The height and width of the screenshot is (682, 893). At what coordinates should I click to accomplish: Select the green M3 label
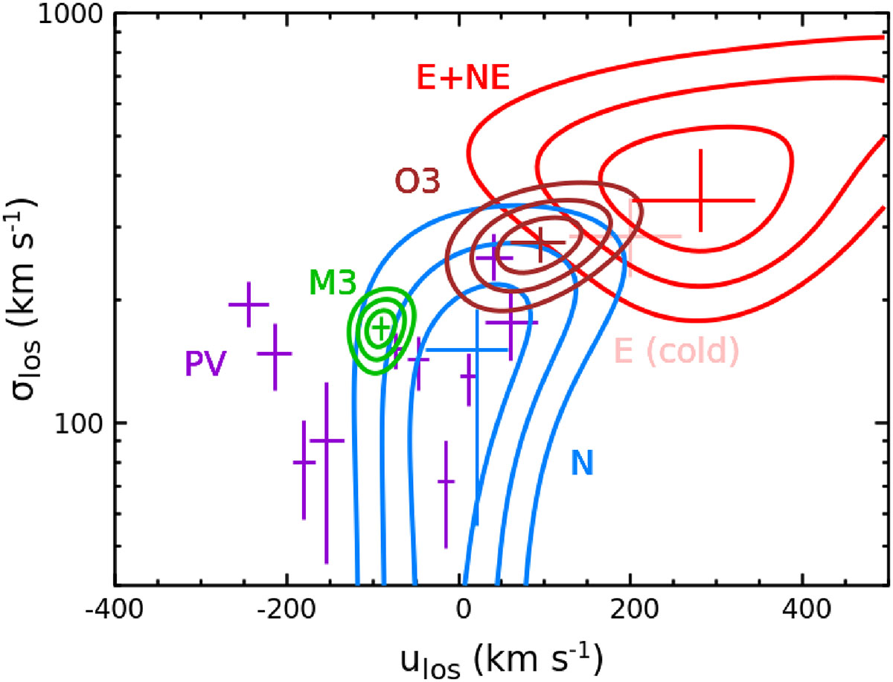(x=333, y=283)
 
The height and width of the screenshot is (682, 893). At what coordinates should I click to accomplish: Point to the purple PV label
(x=205, y=364)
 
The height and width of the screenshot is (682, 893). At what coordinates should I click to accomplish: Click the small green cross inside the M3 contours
(x=380, y=326)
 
